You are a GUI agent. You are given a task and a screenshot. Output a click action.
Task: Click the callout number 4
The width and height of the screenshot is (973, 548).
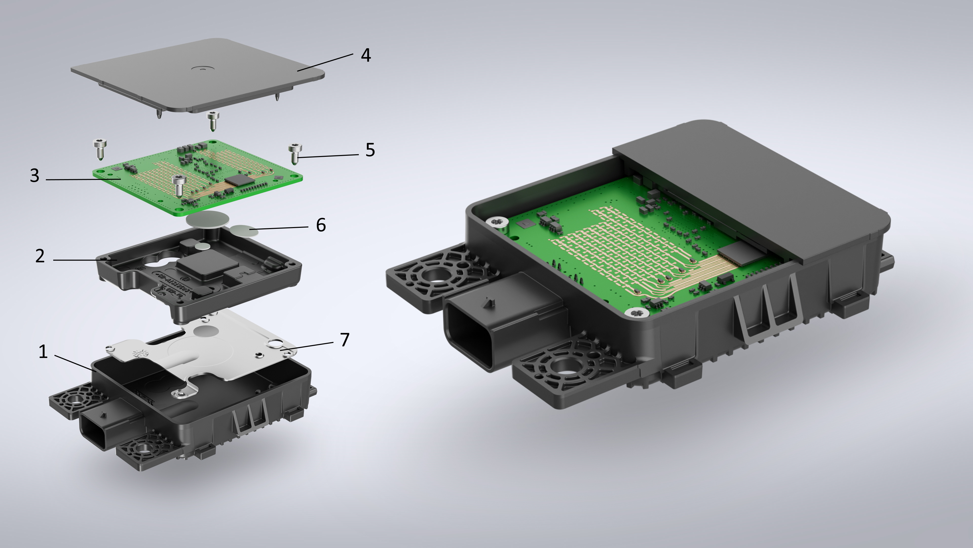(x=366, y=55)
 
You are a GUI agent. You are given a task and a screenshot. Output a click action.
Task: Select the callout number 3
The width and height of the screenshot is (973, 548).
(x=34, y=176)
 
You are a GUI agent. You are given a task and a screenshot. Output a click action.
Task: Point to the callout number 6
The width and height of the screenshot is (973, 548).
(x=321, y=225)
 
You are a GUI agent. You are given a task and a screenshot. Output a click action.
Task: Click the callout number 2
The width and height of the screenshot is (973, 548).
(x=40, y=256)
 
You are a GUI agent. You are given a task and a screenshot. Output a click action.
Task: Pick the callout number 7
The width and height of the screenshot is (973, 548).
(x=345, y=340)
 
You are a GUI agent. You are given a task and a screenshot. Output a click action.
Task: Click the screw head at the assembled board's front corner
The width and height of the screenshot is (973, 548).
(x=638, y=312)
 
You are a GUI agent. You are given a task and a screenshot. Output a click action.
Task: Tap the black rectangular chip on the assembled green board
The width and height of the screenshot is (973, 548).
(x=736, y=253)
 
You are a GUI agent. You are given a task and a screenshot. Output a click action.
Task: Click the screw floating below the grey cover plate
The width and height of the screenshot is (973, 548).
(x=213, y=119)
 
